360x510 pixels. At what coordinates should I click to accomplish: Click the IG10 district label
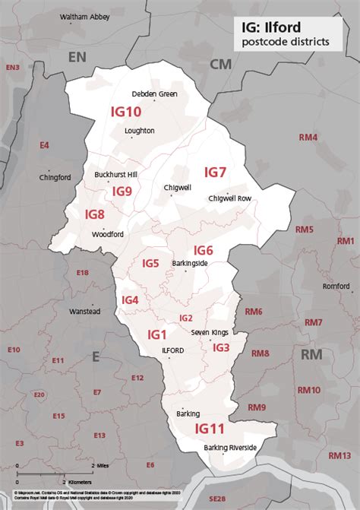(126, 112)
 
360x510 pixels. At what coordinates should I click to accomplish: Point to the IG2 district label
(185, 318)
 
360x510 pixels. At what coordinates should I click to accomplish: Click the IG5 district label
(150, 264)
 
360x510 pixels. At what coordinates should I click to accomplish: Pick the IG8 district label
(95, 214)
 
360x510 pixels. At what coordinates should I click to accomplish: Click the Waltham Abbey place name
(84, 16)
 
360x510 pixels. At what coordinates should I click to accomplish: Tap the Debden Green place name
(154, 94)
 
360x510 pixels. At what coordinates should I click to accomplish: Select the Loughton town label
(140, 131)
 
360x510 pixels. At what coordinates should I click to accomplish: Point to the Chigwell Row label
(229, 198)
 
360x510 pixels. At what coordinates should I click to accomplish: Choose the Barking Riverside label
(230, 448)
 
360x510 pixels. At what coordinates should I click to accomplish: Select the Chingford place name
(55, 177)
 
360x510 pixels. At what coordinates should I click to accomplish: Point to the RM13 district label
(339, 455)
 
